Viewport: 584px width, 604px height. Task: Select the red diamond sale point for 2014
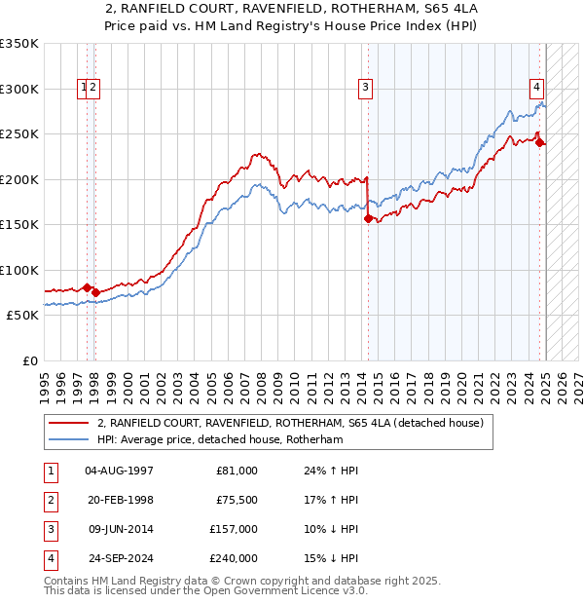pos(368,219)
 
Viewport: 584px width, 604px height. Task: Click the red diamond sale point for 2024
pos(540,143)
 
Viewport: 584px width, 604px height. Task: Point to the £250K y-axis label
pos(18,134)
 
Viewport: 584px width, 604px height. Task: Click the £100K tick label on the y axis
pos(18,270)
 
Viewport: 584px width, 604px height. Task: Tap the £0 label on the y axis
pos(28,360)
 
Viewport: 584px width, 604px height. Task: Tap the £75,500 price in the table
pos(235,500)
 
